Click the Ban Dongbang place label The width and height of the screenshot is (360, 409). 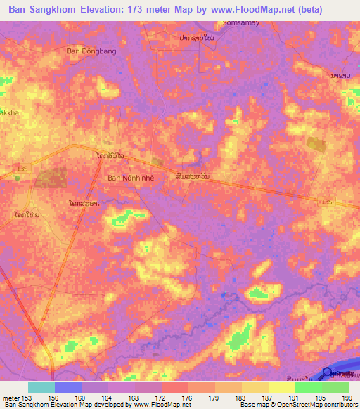(91, 51)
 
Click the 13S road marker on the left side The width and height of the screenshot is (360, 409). (22, 169)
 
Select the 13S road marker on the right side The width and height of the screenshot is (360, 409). (325, 202)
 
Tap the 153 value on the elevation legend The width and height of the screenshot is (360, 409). (27, 397)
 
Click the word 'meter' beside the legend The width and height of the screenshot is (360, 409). (10, 397)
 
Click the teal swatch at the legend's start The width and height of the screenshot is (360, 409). (41, 387)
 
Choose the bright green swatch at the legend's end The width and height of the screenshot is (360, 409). (335, 387)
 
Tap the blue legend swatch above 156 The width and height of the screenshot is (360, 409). (68, 387)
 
